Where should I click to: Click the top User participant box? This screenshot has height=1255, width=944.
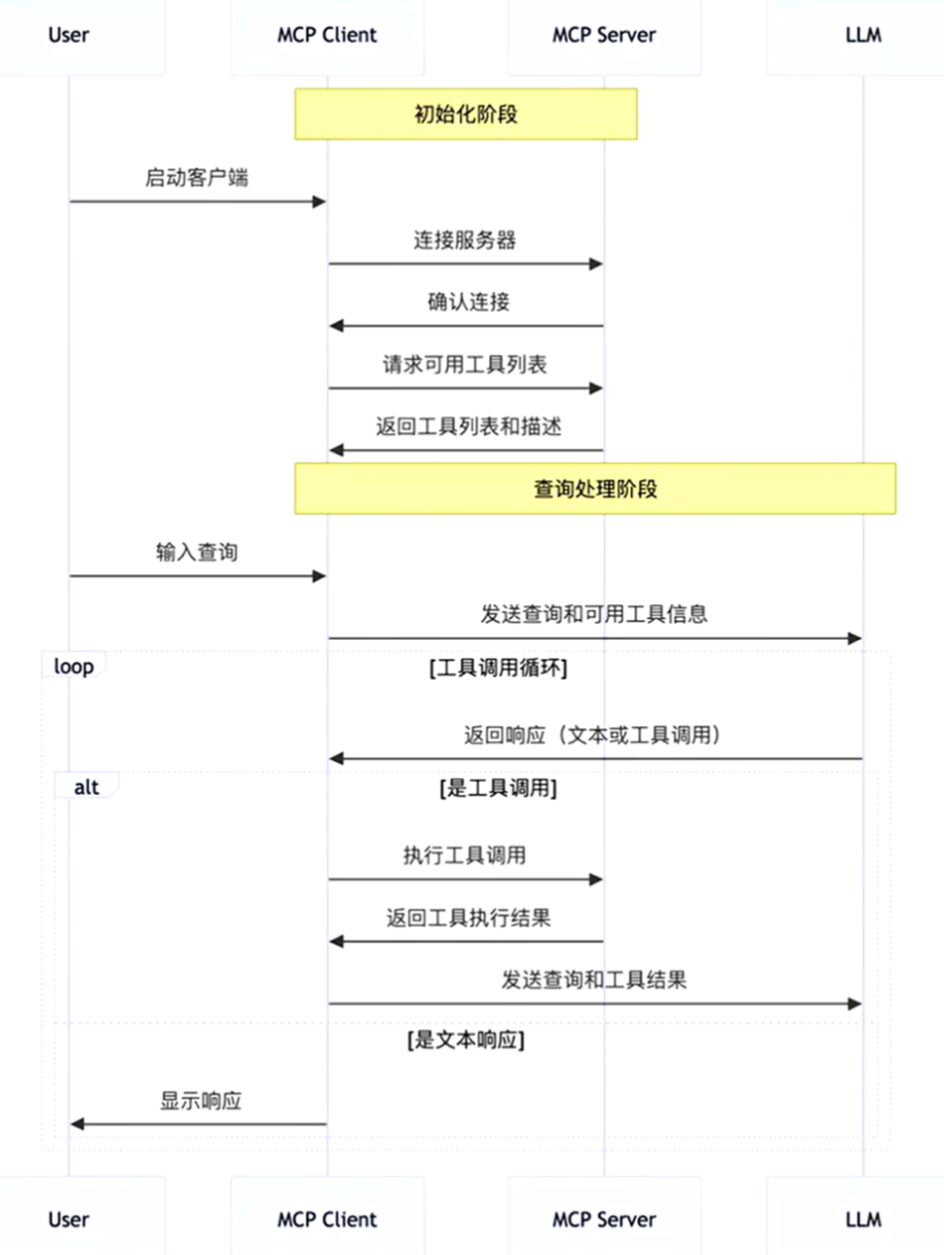tap(69, 36)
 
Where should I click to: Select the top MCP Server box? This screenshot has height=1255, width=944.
tap(604, 36)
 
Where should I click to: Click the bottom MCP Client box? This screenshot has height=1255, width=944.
tap(327, 1218)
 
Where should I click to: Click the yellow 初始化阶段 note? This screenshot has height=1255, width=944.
tap(465, 113)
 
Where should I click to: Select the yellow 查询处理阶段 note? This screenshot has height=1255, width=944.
tap(595, 489)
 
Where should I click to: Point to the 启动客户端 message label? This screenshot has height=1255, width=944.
tap(197, 178)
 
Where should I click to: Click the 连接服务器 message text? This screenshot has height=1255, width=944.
tap(465, 239)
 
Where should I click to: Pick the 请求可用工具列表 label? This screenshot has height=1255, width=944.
tap(465, 365)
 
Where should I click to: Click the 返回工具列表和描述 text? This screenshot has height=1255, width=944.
tap(468, 427)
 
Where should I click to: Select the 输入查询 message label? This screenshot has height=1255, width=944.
tap(197, 552)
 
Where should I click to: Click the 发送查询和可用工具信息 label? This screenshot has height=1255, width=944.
tap(594, 614)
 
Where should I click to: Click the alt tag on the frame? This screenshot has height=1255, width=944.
tap(86, 787)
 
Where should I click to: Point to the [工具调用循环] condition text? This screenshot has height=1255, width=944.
tap(498, 668)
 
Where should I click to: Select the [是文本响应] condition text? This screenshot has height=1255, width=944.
tap(466, 1042)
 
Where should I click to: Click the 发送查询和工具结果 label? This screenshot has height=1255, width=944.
tap(594, 980)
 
